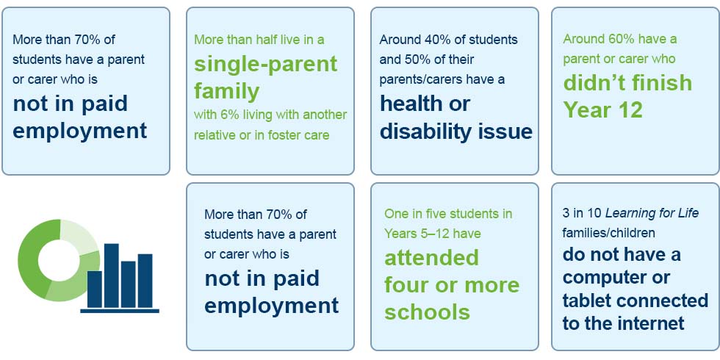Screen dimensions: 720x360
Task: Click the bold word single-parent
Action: tap(266, 65)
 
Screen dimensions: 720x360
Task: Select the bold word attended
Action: tap(431, 258)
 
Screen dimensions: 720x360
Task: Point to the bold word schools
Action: tap(427, 313)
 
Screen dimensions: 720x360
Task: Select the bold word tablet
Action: tap(591, 300)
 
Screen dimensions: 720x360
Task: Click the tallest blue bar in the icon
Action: tap(111, 276)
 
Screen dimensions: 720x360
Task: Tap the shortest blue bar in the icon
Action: tap(95, 289)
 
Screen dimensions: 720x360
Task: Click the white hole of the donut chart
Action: tap(57, 260)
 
